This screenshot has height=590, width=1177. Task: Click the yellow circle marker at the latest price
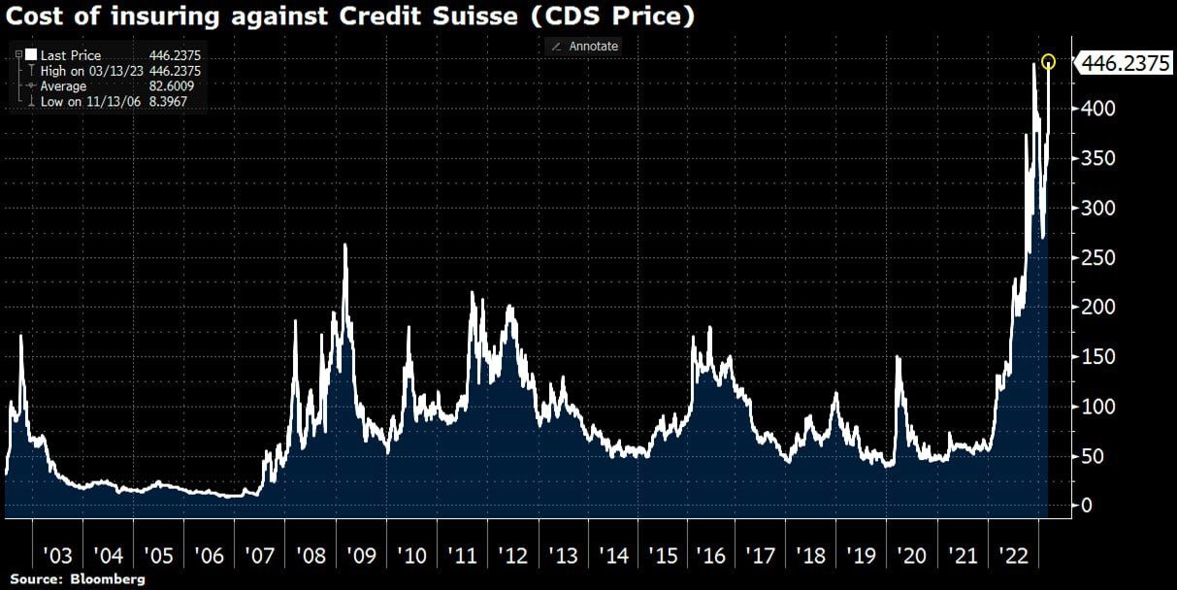tap(1049, 62)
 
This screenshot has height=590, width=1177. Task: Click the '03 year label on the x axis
tap(57, 556)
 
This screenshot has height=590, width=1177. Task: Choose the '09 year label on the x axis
tap(360, 556)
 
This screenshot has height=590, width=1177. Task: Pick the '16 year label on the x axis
tap(711, 556)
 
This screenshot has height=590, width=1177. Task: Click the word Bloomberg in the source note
tap(110, 579)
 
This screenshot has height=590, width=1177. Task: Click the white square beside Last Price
tap(31, 55)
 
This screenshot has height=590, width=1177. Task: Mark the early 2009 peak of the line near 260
tap(345, 245)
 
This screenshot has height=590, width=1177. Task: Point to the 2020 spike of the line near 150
tap(898, 358)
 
